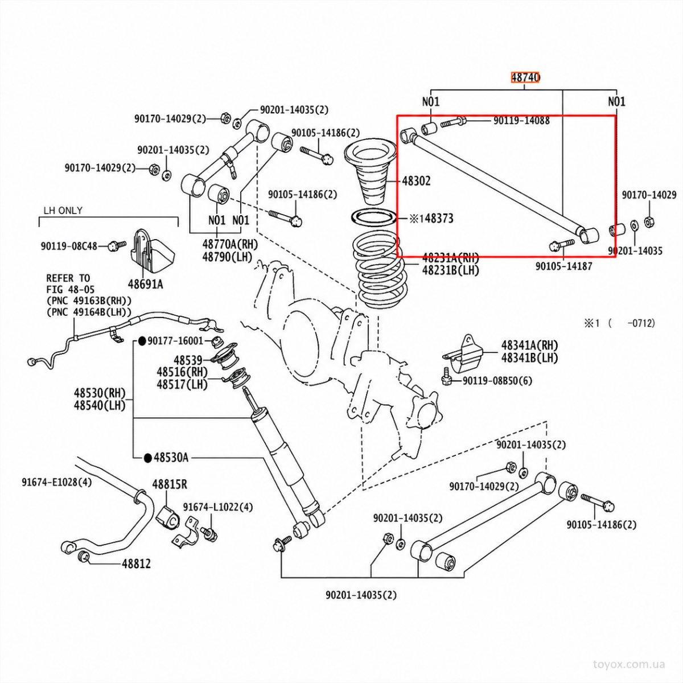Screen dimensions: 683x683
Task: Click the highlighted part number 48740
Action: (525, 77)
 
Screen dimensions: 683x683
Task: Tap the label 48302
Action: (417, 181)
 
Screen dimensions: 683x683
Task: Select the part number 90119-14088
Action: (522, 121)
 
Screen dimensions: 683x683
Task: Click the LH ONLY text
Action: (63, 211)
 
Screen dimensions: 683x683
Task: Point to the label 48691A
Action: (145, 284)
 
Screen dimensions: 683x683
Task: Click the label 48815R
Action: (170, 484)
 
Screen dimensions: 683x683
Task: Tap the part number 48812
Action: (137, 563)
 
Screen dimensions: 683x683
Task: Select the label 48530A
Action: (171, 458)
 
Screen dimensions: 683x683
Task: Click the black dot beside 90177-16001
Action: (142, 341)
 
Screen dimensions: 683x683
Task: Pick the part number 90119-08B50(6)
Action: (497, 381)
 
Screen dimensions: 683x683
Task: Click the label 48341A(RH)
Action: (529, 345)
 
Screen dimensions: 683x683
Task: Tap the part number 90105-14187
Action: (564, 266)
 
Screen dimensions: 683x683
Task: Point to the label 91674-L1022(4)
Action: (218, 507)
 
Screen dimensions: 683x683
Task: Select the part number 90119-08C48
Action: (69, 246)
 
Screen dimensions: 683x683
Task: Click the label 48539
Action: (188, 360)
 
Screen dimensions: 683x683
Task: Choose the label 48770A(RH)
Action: (231, 244)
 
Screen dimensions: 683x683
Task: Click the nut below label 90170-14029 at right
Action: (649, 222)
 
